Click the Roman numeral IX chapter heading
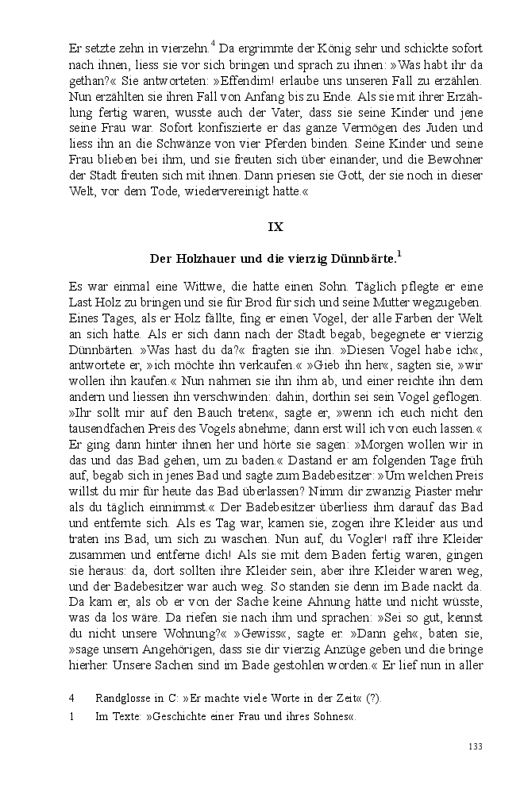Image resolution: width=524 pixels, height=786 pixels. tap(275, 226)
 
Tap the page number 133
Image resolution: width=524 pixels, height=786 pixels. tap(476, 746)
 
